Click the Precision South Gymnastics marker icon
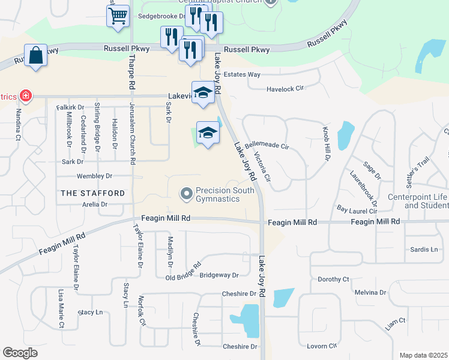[186, 193]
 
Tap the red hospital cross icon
[25, 95]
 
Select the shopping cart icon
[118, 16]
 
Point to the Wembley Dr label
[94, 176]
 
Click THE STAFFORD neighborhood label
[93, 193]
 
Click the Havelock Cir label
[285, 88]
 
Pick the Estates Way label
[242, 75]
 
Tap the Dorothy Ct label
[333, 280]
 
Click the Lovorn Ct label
[322, 346]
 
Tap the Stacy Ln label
[91, 313]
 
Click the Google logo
[20, 353]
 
